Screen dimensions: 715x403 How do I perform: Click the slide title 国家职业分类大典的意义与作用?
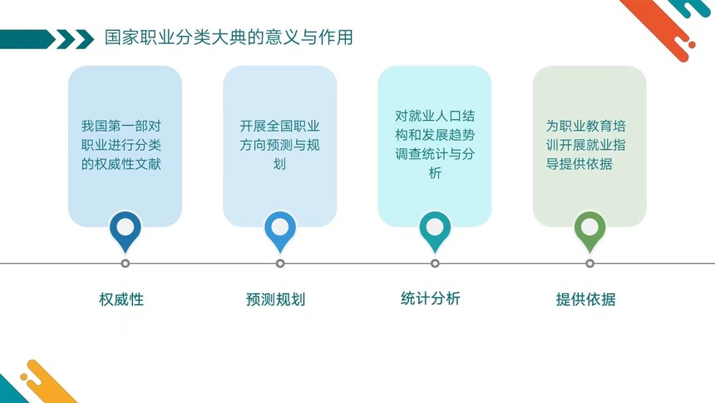[229, 37]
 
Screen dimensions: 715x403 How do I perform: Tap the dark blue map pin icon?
[126, 231]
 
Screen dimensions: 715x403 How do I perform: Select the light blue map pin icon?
[280, 231]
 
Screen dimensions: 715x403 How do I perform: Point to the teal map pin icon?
[435, 231]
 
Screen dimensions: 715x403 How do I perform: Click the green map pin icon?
[589, 231]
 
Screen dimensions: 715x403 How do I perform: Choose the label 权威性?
[121, 299]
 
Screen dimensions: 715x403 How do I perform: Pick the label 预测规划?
[275, 299]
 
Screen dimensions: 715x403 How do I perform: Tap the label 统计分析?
[431, 298]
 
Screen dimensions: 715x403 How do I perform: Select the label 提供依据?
[585, 299]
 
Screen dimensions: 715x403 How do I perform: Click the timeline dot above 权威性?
[126, 263]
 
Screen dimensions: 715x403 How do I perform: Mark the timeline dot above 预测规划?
[280, 263]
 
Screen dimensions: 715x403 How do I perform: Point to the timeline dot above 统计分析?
[435, 263]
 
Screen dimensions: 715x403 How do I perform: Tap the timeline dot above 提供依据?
[589, 263]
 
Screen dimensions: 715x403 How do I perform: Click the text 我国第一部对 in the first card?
[121, 126]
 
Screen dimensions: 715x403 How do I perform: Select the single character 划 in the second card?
[279, 164]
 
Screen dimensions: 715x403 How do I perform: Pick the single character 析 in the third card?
[435, 173]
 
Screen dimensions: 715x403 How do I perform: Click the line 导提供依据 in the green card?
[579, 164]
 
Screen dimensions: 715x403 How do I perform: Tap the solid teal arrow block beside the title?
[27, 39]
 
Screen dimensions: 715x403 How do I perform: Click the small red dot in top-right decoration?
[692, 45]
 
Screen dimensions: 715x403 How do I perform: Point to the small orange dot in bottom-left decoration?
[24, 376]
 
